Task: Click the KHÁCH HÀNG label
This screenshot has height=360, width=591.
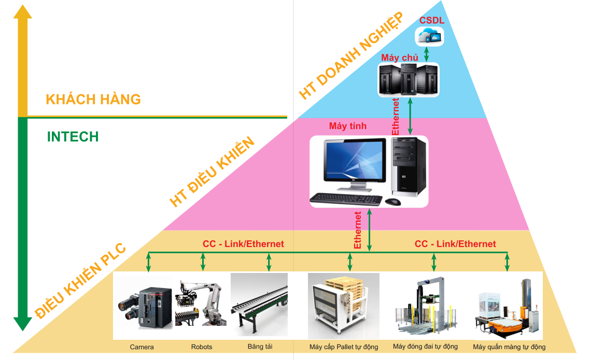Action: (x=93, y=99)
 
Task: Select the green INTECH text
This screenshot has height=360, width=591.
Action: (x=73, y=137)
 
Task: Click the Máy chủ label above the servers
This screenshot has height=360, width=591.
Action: (x=400, y=57)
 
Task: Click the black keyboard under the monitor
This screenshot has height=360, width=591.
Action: (x=346, y=198)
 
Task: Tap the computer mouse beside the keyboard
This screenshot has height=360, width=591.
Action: (x=392, y=201)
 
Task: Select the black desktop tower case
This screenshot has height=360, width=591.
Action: (x=409, y=167)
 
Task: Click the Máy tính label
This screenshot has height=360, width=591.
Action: (x=348, y=126)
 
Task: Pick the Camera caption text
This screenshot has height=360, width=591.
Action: (x=142, y=347)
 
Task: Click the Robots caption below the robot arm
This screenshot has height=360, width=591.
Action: (x=202, y=347)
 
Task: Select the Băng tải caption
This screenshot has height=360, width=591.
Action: (x=260, y=347)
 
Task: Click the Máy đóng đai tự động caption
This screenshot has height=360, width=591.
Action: (x=425, y=347)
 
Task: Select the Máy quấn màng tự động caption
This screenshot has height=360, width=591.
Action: (x=509, y=347)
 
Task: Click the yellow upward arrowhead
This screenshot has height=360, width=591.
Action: (x=22, y=11)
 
